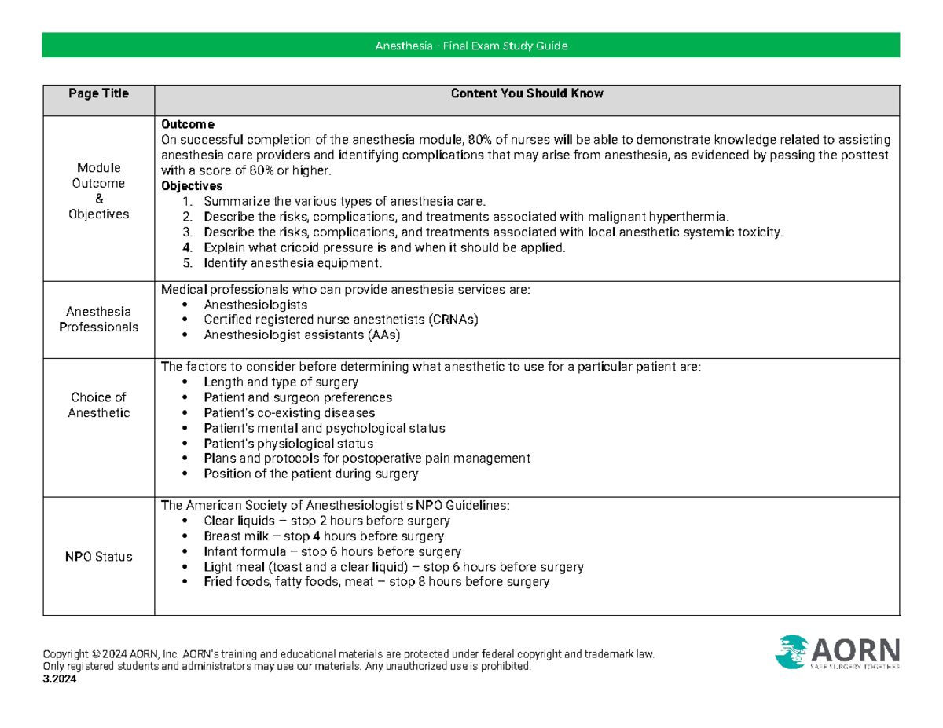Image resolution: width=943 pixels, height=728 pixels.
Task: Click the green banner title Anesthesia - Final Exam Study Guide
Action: [x=471, y=46]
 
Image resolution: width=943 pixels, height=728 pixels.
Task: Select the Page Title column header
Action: [x=98, y=93]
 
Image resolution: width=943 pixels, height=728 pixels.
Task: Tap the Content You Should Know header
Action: [x=527, y=93]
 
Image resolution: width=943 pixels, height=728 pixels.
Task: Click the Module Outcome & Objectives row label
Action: [x=98, y=191]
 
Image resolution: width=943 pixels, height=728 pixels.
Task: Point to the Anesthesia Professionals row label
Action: [x=98, y=319]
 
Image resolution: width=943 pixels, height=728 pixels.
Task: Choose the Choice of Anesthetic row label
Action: [x=98, y=404]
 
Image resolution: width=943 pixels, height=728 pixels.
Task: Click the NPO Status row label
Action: [x=98, y=557]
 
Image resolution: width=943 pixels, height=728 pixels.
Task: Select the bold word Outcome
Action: [x=182, y=125]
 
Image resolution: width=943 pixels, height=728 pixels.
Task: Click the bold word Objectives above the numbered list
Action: [x=191, y=186]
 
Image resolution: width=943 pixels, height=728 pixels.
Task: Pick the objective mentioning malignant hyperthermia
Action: [x=466, y=217]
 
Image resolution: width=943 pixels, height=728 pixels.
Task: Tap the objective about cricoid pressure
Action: [x=383, y=247]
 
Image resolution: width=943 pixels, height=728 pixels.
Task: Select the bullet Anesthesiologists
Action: [x=255, y=305]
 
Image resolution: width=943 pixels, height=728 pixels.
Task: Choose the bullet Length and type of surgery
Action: [x=281, y=382]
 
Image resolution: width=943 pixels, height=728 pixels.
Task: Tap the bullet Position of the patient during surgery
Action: [x=310, y=474]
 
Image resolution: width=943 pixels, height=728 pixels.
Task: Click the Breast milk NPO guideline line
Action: [x=323, y=536]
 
